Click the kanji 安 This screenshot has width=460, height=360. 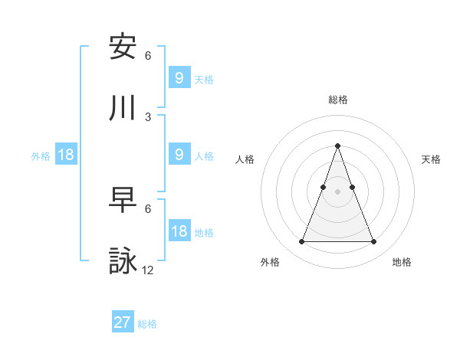(123, 47)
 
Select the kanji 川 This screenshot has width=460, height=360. (123, 108)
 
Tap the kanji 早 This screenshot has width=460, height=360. (123, 200)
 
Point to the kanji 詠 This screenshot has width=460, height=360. (123, 261)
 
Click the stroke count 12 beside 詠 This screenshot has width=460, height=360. (149, 270)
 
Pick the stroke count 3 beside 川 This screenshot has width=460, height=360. (148, 116)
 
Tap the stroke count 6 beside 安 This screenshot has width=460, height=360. (148, 55)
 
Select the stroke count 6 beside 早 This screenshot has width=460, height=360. (148, 208)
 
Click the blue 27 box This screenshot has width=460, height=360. (123, 322)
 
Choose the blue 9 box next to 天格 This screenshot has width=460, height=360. (179, 78)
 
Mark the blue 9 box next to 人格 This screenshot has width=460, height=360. (179, 155)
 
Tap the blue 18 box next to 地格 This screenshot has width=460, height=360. (179, 231)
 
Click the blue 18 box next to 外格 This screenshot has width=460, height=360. (66, 155)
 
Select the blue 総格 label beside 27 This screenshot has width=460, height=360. (147, 324)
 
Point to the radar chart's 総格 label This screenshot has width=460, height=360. (337, 100)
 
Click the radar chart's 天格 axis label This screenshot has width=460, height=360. (431, 159)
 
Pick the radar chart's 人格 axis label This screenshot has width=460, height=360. (245, 159)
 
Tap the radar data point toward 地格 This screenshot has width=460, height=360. (373, 242)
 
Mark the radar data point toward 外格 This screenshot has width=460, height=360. (301, 242)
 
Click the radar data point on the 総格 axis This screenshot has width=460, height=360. (337, 146)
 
